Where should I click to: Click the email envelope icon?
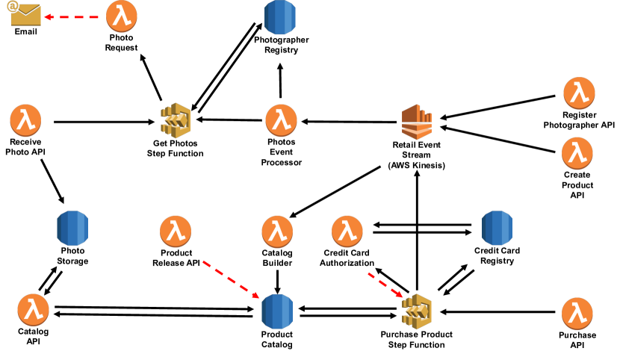tap(26, 15)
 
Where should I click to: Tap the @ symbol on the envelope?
tap(13, 6)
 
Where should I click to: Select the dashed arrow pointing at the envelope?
tap(71, 16)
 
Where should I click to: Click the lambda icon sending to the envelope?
tap(121, 16)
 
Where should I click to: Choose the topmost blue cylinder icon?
tap(280, 16)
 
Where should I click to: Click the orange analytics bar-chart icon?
tap(416, 122)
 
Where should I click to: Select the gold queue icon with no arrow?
tap(176, 120)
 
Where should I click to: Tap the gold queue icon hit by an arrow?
tap(417, 311)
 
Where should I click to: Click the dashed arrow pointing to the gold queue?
tap(385, 285)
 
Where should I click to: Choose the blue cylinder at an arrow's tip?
tap(277, 311)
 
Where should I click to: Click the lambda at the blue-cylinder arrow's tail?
tap(176, 231)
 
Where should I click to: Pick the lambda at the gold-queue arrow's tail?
tap(347, 231)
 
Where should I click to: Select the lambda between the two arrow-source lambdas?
tap(277, 231)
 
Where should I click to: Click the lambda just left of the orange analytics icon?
tap(281, 120)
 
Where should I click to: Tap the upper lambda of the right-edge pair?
tap(579, 93)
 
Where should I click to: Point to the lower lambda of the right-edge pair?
tap(577, 153)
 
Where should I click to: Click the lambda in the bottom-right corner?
tap(577, 313)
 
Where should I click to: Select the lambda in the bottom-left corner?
tap(33, 309)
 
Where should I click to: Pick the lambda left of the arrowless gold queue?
tap(25, 120)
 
